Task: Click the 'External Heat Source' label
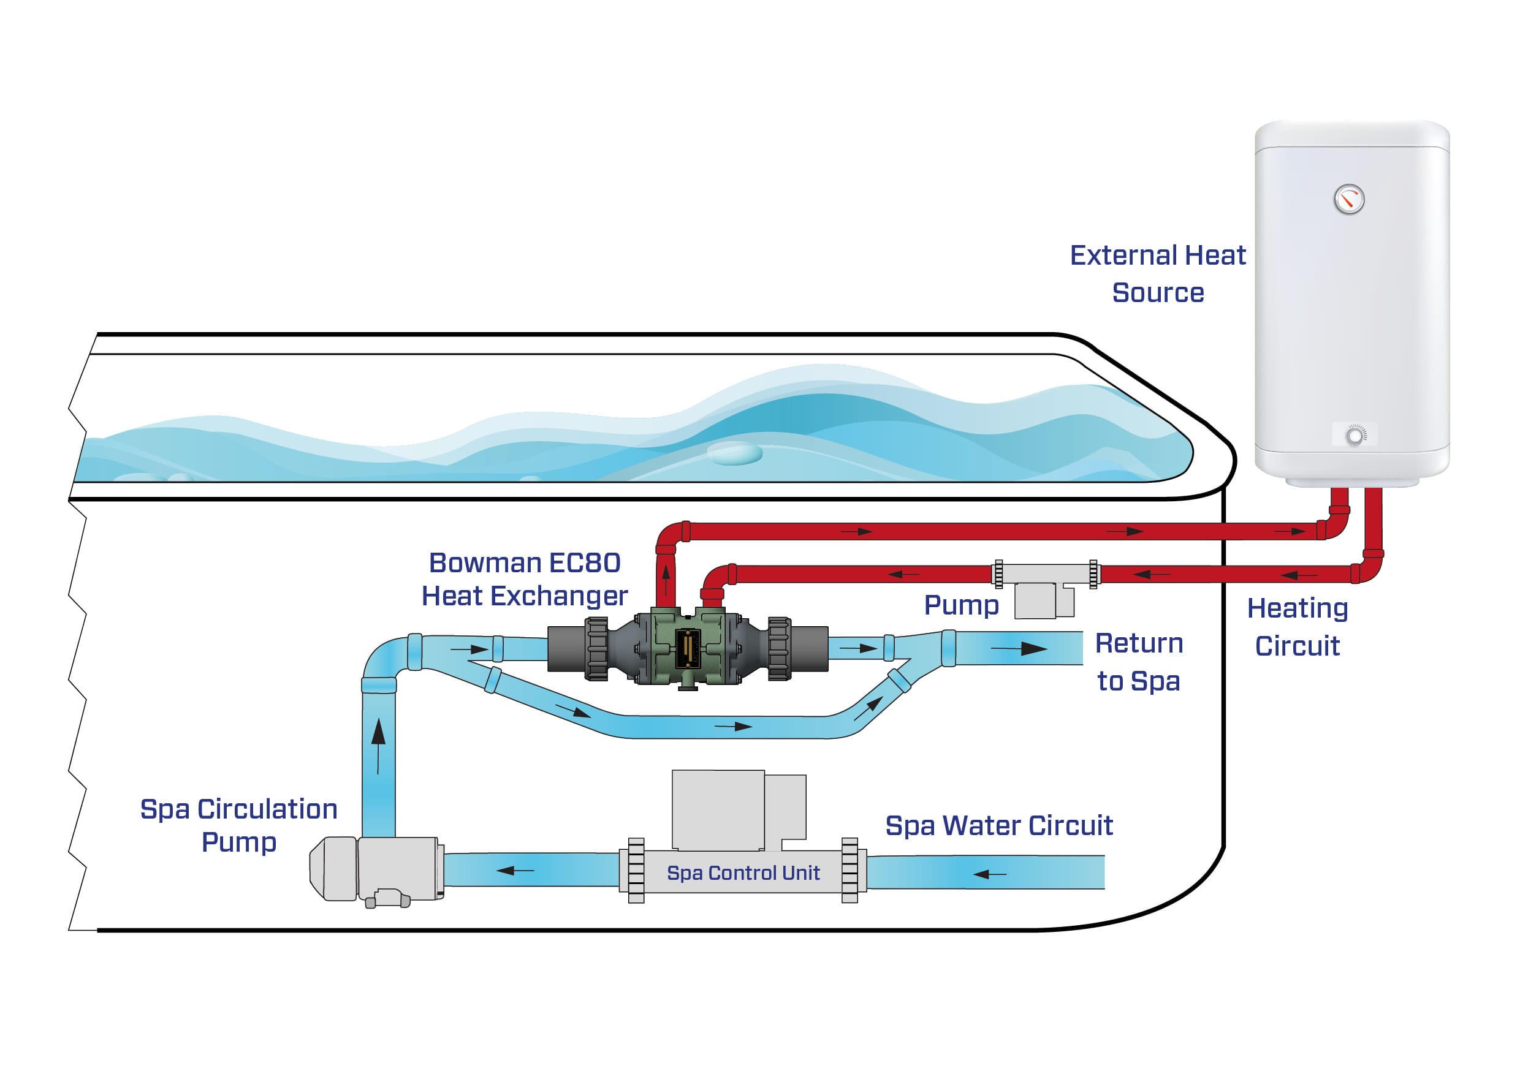pyautogui.click(x=1157, y=273)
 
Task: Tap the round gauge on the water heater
pyautogui.click(x=1348, y=199)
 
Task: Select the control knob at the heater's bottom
pyautogui.click(x=1355, y=436)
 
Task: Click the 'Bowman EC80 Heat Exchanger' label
pyautogui.click(x=524, y=579)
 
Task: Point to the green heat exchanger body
pyautogui.click(x=688, y=646)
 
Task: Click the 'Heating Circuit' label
pyautogui.click(x=1297, y=627)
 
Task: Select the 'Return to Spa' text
pyautogui.click(x=1139, y=662)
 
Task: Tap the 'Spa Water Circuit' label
pyautogui.click(x=998, y=825)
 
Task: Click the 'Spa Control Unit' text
pyautogui.click(x=743, y=873)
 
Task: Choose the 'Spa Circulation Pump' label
pyautogui.click(x=239, y=825)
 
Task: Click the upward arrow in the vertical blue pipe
pyautogui.click(x=378, y=744)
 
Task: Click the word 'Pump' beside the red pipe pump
pyautogui.click(x=961, y=605)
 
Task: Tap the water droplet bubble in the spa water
pyautogui.click(x=735, y=453)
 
